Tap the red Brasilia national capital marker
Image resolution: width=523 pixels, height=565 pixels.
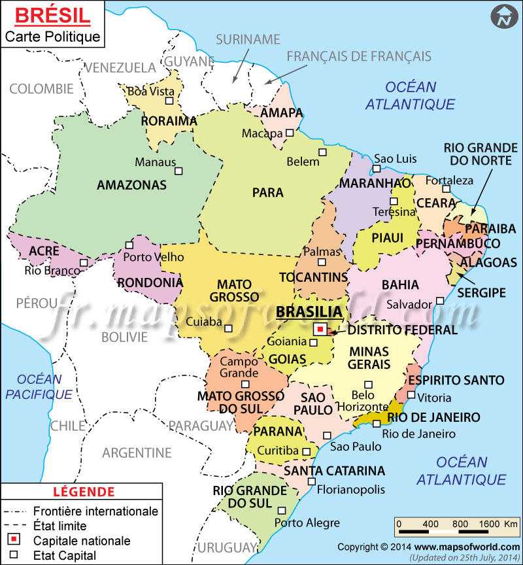click(320, 330)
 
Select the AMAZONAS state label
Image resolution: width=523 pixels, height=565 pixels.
click(131, 186)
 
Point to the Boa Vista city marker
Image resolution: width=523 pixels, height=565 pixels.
click(169, 101)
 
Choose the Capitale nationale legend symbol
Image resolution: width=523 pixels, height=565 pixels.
click(14, 540)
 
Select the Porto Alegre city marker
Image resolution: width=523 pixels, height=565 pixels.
click(282, 511)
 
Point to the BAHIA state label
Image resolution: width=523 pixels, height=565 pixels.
click(382, 284)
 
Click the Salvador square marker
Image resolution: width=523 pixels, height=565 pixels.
click(441, 301)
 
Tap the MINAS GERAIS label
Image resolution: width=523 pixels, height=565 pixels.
click(369, 358)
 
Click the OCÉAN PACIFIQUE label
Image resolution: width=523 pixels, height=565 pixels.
click(39, 386)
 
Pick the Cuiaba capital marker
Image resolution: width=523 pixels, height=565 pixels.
click(228, 328)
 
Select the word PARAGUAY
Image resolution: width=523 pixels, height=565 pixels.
click(201, 426)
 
